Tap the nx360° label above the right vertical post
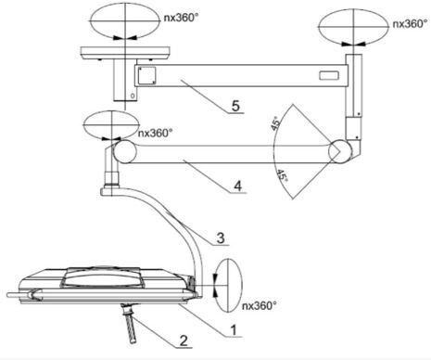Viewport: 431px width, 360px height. tap(404, 21)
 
